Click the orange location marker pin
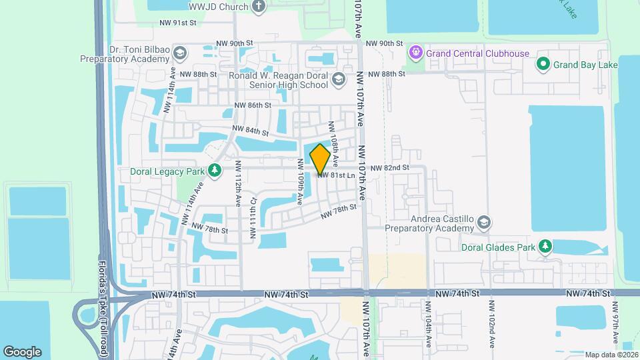[320, 159]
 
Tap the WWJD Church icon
[259, 7]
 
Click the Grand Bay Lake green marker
[543, 65]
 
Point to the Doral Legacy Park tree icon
[215, 171]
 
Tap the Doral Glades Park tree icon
[545, 247]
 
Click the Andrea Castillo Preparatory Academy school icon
[485, 222]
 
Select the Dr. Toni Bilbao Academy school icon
[179, 53]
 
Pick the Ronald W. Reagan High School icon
[339, 79]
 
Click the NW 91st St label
[178, 23]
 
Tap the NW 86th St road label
[253, 105]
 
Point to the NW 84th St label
[250, 131]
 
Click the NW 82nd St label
[389, 168]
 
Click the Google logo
[22, 352]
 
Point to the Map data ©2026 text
[611, 354]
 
